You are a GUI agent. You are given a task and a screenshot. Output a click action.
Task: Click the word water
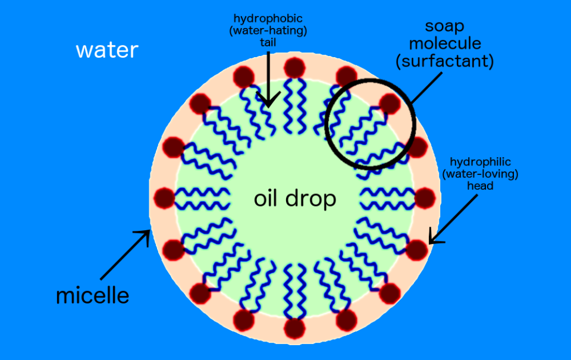(x=107, y=51)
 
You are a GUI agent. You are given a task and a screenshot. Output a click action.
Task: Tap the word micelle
(x=93, y=295)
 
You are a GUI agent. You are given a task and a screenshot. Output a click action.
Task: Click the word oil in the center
(x=265, y=199)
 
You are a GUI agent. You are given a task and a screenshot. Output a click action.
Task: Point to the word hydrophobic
(x=268, y=18)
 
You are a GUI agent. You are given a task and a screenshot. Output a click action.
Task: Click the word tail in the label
(x=268, y=42)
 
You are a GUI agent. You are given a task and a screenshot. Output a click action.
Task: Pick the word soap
(x=445, y=27)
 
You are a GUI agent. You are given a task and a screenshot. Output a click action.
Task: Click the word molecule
(x=445, y=43)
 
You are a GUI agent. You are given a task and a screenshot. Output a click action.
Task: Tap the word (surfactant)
(x=445, y=61)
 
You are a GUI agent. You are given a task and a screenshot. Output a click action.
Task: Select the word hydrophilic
(x=481, y=161)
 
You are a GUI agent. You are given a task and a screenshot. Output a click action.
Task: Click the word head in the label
(x=481, y=186)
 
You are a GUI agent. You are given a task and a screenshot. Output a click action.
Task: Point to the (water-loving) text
(x=481, y=174)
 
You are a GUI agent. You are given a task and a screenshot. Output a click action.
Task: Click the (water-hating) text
(x=268, y=30)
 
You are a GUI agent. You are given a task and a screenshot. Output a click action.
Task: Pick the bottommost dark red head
(x=294, y=328)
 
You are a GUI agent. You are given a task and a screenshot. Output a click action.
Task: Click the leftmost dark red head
(x=164, y=198)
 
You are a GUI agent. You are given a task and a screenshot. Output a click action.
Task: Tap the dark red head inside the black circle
(x=390, y=104)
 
